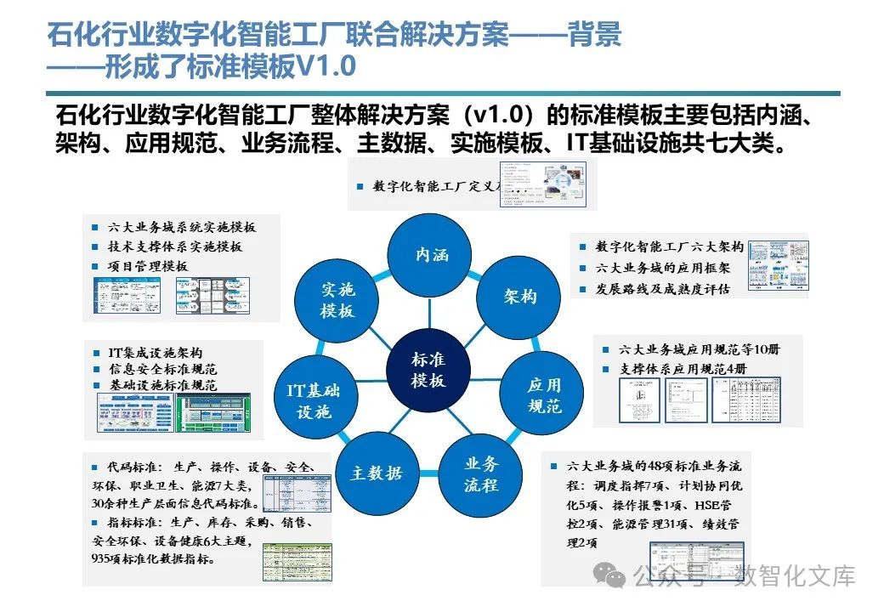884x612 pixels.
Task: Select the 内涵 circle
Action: [x=431, y=254]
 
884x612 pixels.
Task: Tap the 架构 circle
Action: [x=519, y=297]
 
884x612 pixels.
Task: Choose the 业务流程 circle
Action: [x=481, y=474]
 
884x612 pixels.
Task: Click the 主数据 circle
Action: [x=376, y=473]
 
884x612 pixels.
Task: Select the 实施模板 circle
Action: [x=337, y=299]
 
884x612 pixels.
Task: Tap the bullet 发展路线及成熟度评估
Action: [x=663, y=289]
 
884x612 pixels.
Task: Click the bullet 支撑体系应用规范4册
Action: [x=683, y=369]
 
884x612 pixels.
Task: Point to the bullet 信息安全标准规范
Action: [x=162, y=369]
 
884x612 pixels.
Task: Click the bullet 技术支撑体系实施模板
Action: [x=174, y=246]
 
